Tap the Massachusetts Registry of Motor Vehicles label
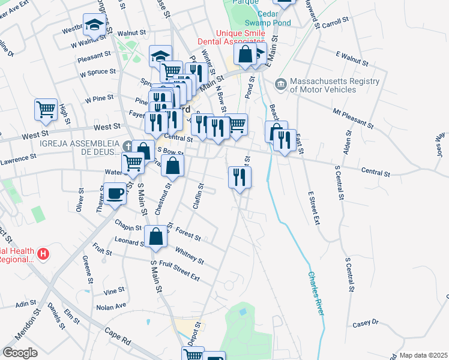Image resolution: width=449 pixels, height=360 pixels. (334, 85)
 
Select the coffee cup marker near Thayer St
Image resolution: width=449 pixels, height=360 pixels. (115, 194)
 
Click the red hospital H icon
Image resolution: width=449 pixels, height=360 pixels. (43, 254)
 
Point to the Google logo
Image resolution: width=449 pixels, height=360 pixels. (20, 353)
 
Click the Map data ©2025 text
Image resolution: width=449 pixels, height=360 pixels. (423, 355)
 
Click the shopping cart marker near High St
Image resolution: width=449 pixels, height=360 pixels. (46, 110)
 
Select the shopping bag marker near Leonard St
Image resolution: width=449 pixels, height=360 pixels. (156, 236)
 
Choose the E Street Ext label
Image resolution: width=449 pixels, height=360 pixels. (312, 208)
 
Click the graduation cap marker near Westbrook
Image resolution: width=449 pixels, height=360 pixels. (94, 25)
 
